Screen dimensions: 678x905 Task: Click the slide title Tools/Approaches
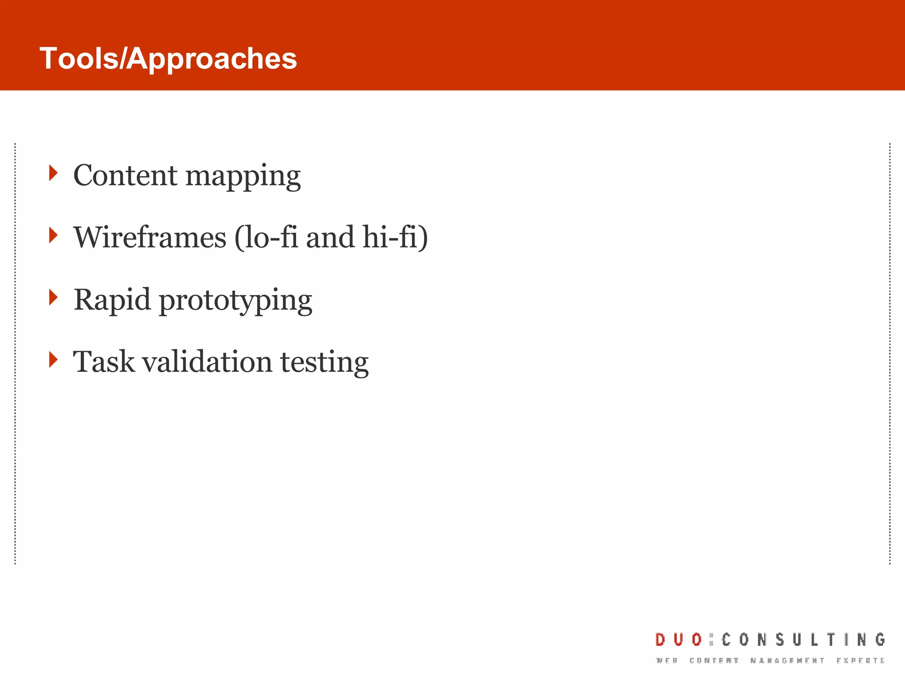click(168, 58)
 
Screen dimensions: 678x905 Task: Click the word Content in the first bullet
click(125, 175)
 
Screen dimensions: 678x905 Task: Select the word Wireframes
click(150, 237)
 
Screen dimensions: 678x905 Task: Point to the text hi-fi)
click(395, 237)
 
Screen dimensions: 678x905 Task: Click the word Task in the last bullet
click(103, 362)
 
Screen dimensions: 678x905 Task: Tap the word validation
click(207, 362)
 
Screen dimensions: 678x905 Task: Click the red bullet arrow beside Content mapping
click(53, 173)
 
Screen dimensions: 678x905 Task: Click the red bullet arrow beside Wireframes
click(53, 235)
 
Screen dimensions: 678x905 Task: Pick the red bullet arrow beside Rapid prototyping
click(53, 298)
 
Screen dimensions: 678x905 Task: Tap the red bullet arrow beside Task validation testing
click(53, 360)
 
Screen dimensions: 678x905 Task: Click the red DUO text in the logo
click(678, 640)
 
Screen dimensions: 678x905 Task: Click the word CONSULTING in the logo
click(803, 640)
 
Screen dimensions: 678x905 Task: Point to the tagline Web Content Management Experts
click(770, 661)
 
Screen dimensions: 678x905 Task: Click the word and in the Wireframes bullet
click(330, 237)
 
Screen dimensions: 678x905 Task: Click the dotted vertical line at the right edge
click(890, 353)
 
